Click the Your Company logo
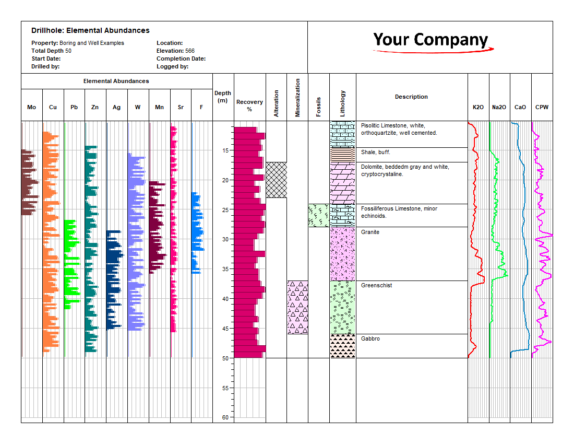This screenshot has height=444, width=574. click(x=430, y=41)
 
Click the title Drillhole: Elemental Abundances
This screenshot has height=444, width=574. click(x=90, y=31)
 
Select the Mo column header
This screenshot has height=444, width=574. click(x=32, y=107)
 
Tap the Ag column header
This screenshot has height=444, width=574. click(x=116, y=107)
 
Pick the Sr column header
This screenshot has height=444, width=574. click(x=181, y=107)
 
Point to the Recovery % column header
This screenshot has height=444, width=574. click(x=249, y=105)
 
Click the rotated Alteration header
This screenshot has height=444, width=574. click(x=276, y=103)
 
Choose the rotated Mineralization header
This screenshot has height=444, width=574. click(x=297, y=98)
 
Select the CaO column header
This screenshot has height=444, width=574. click(x=520, y=107)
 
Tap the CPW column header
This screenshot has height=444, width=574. click(x=542, y=107)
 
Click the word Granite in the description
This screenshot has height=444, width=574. click(x=370, y=232)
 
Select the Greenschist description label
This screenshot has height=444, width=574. click(x=376, y=285)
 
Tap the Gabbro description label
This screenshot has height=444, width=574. click(x=370, y=338)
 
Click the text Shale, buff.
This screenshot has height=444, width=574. click(x=375, y=152)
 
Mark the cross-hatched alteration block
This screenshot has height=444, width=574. click(x=276, y=180)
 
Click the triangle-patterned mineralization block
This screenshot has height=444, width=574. click(x=297, y=307)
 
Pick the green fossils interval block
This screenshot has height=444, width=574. click(x=318, y=215)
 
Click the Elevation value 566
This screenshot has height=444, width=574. click(x=190, y=51)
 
